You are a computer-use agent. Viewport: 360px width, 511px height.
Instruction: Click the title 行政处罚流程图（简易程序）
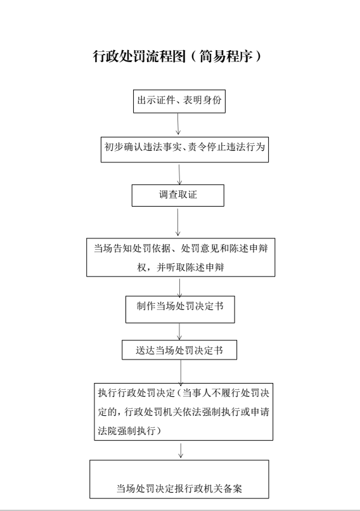177,56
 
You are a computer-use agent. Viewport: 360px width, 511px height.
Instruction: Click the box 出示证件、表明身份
179,101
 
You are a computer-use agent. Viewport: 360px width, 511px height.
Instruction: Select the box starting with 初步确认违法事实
184,150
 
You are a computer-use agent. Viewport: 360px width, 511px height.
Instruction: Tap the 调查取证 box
178,195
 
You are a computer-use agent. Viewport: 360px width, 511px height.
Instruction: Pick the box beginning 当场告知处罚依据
181,257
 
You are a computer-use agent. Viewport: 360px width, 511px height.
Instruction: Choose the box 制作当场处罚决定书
180,309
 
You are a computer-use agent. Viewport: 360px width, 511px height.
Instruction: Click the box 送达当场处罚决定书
179,350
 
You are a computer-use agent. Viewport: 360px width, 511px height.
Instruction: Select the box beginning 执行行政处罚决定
184,412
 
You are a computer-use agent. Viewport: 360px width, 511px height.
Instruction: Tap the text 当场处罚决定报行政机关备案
179,488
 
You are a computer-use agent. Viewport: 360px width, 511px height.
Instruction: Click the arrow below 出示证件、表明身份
178,124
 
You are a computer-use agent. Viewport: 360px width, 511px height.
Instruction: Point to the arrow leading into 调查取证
179,174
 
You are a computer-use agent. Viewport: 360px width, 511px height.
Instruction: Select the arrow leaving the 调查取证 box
178,223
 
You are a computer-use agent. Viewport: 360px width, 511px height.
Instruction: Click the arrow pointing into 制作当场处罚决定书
179,288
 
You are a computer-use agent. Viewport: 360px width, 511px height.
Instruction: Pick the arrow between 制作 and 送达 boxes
179,332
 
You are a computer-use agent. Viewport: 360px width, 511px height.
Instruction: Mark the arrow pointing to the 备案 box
181,450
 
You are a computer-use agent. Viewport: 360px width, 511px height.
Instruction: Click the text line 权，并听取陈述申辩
181,268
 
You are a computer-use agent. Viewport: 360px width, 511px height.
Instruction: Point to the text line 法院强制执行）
130,431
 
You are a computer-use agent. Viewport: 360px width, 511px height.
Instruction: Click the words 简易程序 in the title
226,56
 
